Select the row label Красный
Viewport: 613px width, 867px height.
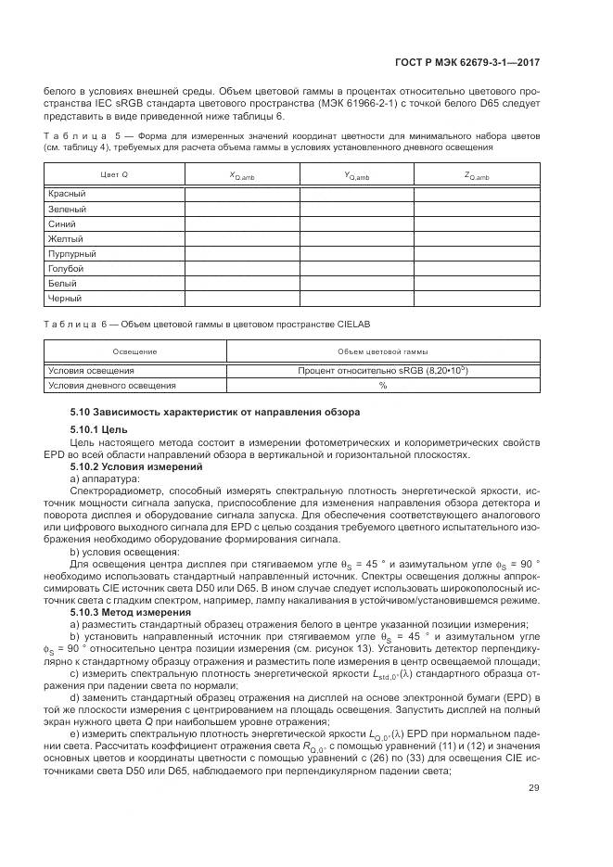pyautogui.click(x=67, y=194)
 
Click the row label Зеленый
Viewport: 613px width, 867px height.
pyautogui.click(x=67, y=209)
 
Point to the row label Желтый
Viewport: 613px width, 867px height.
pyautogui.click(x=65, y=238)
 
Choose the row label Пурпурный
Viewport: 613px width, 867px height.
pyautogui.click(x=71, y=253)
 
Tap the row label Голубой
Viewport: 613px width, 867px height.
pyautogui.click(x=66, y=268)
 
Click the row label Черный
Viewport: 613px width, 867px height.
pyautogui.click(x=65, y=298)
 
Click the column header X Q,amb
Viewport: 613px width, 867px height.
pyautogui.click(x=242, y=175)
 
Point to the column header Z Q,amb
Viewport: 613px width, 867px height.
pyautogui.click(x=476, y=175)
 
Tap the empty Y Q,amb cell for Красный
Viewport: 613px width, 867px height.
pyautogui.click(x=356, y=194)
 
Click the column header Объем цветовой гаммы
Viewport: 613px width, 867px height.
pyautogui.click(x=382, y=352)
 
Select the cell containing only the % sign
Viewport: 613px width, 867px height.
pyautogui.click(x=382, y=385)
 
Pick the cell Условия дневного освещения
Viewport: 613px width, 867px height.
pyautogui.click(x=112, y=385)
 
